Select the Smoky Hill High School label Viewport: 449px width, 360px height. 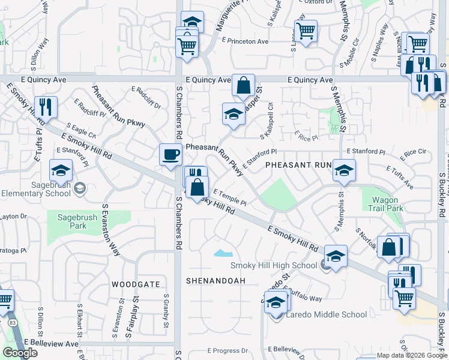pyautogui.click(x=274, y=266)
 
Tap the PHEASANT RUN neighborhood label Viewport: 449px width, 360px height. pyautogui.click(x=298, y=164)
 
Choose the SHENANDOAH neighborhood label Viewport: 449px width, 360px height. pyautogui.click(x=216, y=280)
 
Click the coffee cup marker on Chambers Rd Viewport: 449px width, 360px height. pyautogui.click(x=170, y=154)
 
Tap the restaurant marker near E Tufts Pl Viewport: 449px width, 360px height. pyautogui.click(x=46, y=106)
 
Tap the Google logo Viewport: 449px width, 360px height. pyautogui.click(x=20, y=353)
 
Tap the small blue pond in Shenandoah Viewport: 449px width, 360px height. pyautogui.click(x=223, y=253)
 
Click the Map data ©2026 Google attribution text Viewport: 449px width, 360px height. pyautogui.click(x=411, y=355)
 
